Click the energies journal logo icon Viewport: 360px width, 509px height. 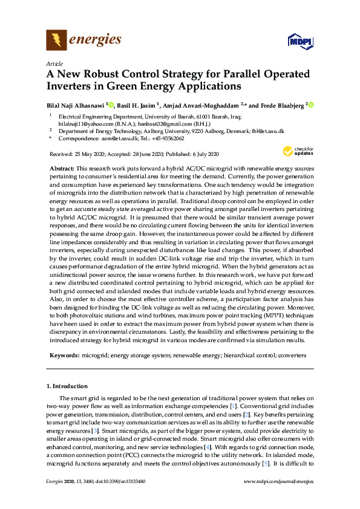56,41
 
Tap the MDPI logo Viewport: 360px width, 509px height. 299,42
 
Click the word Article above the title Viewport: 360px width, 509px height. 54,64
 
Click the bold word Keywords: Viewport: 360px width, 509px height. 65,357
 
